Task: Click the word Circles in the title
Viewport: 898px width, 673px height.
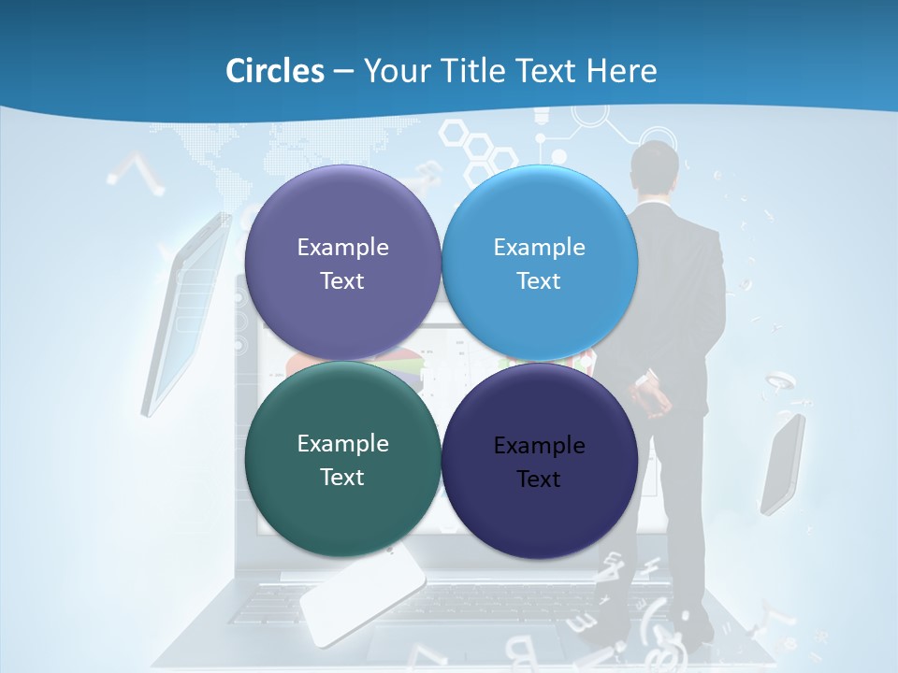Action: coord(275,71)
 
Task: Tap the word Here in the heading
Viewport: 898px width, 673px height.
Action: coord(621,71)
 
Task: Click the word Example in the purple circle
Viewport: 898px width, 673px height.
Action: coord(342,248)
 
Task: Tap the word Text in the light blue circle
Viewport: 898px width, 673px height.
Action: coord(539,281)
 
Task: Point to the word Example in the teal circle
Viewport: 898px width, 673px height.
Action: coord(342,444)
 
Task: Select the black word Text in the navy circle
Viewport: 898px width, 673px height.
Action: coord(539,480)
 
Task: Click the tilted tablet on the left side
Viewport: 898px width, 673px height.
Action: coord(187,313)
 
